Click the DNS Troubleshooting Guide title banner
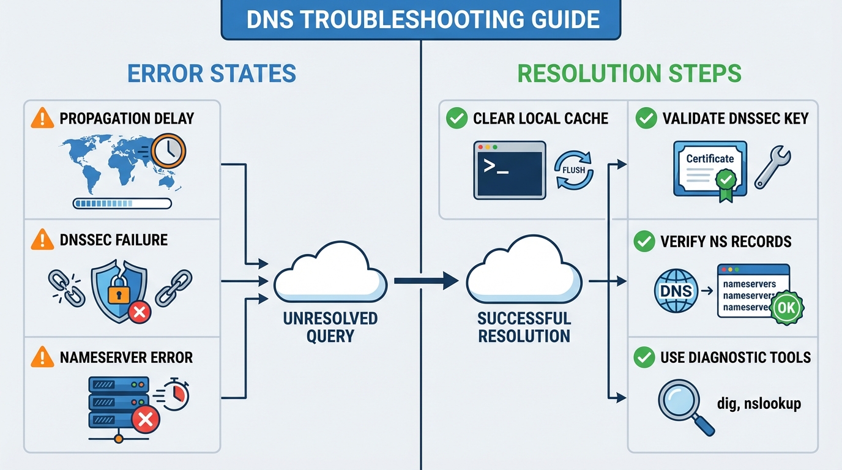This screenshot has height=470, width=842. [421, 20]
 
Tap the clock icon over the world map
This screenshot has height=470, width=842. [168, 151]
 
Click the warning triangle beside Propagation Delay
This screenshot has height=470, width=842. [42, 117]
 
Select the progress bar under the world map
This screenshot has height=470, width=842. [122, 203]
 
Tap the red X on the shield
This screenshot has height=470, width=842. [140, 313]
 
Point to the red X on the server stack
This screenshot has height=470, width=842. [146, 419]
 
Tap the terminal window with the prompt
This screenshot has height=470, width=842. [510, 170]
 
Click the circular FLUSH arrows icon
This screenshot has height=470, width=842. [573, 171]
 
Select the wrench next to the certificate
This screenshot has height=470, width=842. [772, 166]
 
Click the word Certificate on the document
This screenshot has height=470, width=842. [710, 159]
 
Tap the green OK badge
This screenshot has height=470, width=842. [786, 308]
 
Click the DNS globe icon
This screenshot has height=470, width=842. [676, 291]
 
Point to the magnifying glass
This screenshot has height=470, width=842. [681, 401]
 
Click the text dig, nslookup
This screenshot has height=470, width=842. [759, 403]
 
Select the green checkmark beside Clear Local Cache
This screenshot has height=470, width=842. [456, 117]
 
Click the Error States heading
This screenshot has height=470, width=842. [212, 73]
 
